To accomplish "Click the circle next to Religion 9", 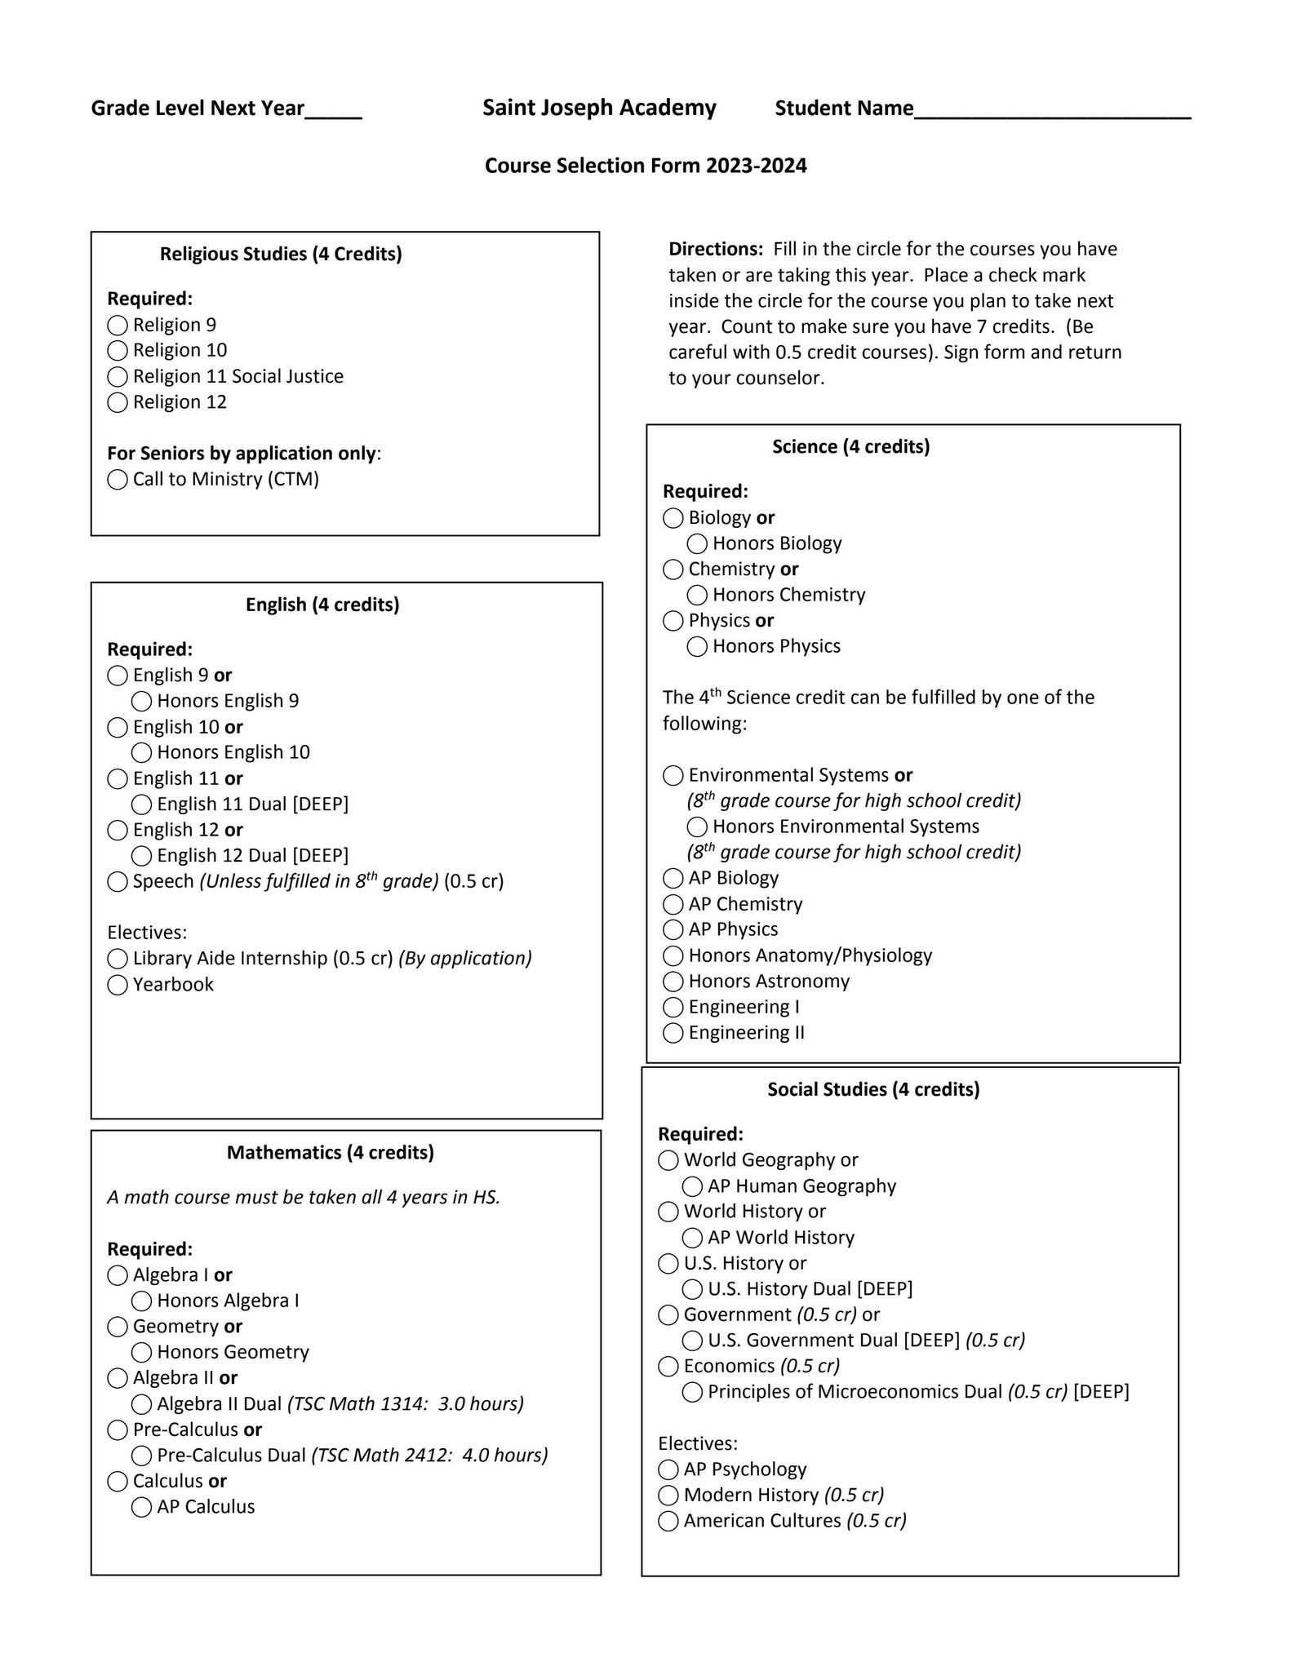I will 118,326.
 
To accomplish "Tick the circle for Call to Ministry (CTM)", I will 118,480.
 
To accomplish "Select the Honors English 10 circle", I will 141,752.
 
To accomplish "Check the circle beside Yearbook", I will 118,985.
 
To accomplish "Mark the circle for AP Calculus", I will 141,1507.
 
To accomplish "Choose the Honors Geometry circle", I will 141,1352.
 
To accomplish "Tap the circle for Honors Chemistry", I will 697,595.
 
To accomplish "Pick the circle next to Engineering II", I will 673,1033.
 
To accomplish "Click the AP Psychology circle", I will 668,1469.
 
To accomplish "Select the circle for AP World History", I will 692,1238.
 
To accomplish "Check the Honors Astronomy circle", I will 673,982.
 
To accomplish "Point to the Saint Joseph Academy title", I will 599,108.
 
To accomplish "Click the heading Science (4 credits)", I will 850,446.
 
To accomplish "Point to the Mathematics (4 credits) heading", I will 330,1152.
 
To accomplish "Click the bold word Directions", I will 715,249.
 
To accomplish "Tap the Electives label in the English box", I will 147,933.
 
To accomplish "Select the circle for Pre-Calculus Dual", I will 141,1456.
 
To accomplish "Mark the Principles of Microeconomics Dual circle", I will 692,1392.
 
